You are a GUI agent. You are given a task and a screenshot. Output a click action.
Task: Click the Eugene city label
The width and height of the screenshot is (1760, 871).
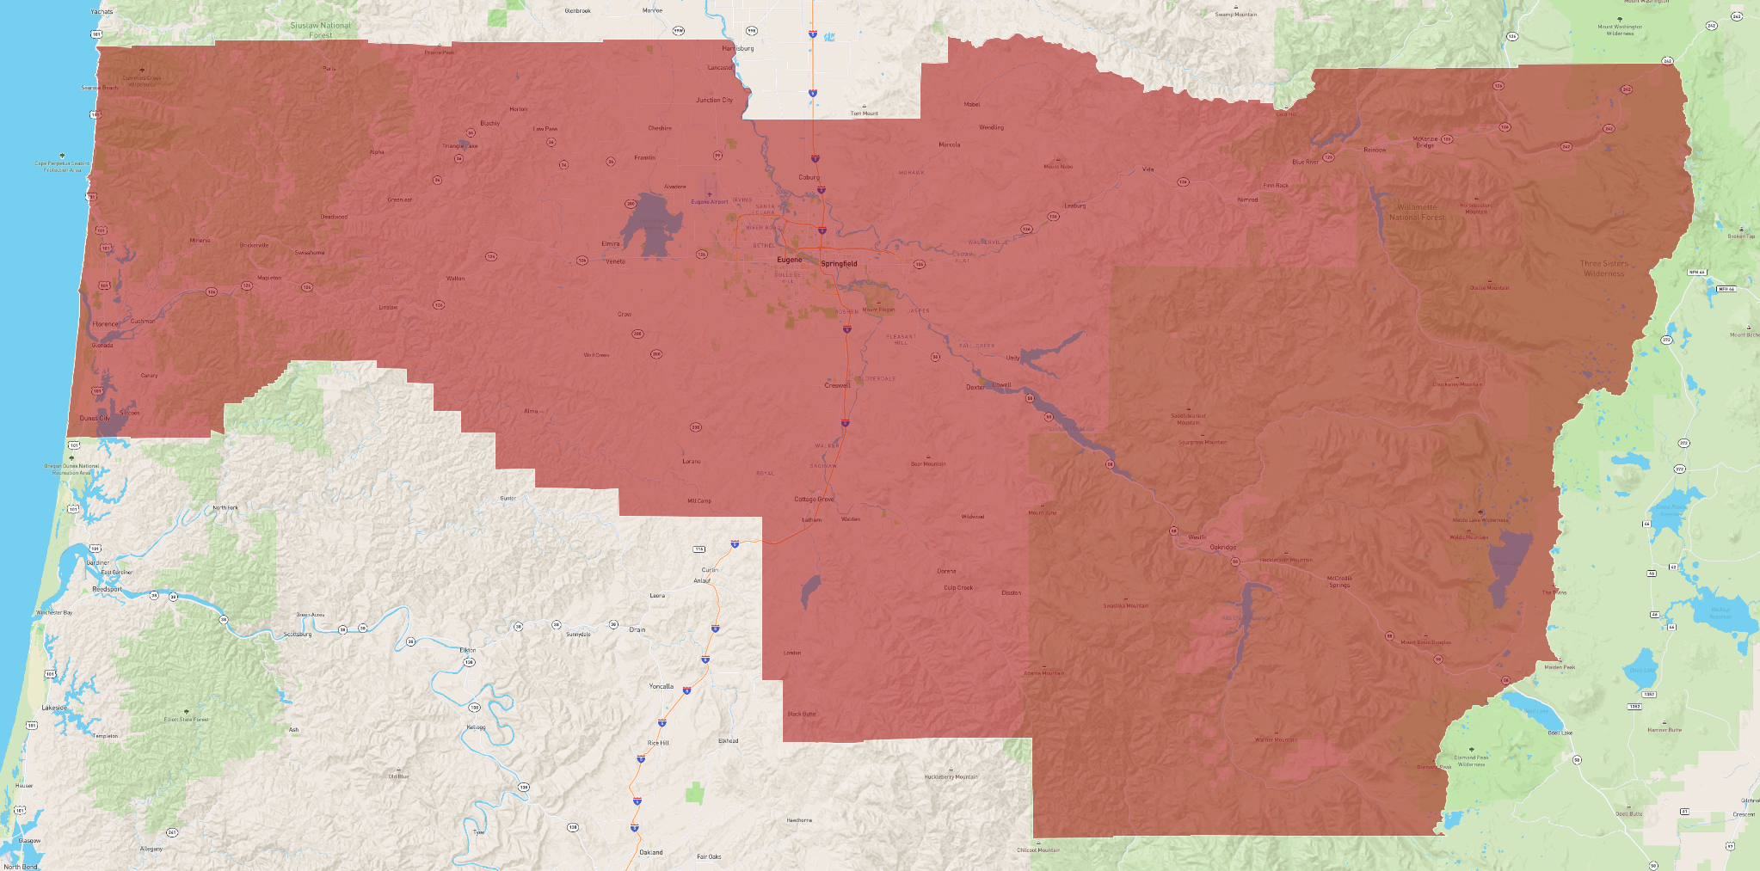789,260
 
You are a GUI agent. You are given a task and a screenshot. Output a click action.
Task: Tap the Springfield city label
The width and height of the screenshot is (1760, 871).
839,264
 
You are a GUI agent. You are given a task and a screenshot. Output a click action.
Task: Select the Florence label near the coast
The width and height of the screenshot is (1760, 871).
105,324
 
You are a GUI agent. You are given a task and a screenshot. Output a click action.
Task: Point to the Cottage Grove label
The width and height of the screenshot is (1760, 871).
814,500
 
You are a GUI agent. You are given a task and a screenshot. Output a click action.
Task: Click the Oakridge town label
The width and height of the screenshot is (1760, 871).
1222,548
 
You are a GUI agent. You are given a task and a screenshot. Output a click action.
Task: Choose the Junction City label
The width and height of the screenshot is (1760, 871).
714,101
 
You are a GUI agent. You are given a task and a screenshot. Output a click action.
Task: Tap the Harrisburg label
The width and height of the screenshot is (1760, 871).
737,49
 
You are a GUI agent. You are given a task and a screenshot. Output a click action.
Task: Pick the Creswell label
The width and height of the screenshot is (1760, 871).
837,385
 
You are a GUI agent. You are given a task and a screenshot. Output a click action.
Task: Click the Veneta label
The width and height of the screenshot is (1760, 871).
615,261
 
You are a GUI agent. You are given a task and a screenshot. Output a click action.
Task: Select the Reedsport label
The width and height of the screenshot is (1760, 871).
108,590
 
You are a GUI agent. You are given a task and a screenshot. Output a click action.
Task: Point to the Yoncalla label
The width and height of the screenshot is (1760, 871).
661,687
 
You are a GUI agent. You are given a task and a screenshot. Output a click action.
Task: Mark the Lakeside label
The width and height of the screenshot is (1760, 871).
54,708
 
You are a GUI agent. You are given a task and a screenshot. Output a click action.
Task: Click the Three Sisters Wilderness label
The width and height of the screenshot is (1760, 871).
1603,268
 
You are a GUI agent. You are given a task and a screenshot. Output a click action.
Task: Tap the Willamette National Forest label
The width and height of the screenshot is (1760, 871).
1417,212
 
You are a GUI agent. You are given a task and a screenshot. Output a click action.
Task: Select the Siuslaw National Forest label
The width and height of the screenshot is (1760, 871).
321,30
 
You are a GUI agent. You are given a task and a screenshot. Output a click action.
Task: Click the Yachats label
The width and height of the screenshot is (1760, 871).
102,12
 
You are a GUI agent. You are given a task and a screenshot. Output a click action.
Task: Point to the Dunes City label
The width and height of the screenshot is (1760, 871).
95,419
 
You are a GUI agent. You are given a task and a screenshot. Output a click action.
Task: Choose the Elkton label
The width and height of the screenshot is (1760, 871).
467,650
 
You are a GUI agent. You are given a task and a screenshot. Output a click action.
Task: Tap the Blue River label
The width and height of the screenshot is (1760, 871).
1305,162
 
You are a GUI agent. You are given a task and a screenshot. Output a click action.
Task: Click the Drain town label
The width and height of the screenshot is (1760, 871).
637,629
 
